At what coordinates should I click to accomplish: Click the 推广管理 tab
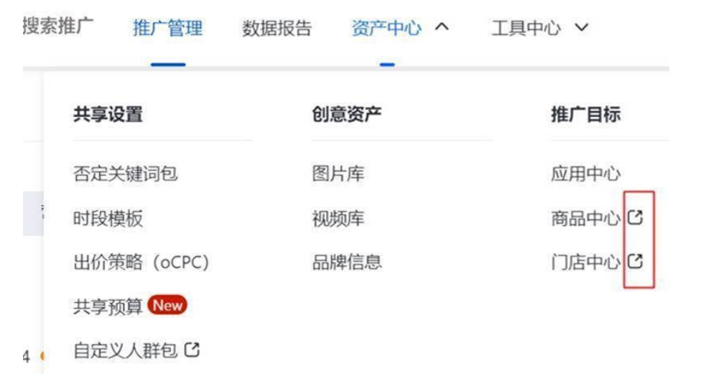[x=167, y=29]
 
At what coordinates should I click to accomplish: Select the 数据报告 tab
[x=277, y=29]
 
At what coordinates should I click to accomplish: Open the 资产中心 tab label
[x=386, y=29]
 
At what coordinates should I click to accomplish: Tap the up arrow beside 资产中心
[x=442, y=28]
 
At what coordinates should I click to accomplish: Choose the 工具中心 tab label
[x=526, y=29]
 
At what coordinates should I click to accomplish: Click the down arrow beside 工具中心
[x=582, y=28]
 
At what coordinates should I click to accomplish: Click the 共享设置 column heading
[x=108, y=115]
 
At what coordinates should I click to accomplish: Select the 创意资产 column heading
[x=346, y=115]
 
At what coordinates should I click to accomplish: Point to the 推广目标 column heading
[x=585, y=115]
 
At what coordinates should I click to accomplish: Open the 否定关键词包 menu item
[x=125, y=174]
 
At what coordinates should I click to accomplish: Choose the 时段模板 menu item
[x=108, y=219]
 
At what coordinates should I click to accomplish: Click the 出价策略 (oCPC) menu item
[x=141, y=262]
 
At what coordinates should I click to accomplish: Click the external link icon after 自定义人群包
[x=192, y=350]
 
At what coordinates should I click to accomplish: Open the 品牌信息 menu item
[x=346, y=262]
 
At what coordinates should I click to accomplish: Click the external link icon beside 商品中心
[x=635, y=217]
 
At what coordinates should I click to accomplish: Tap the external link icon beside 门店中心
[x=635, y=261]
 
